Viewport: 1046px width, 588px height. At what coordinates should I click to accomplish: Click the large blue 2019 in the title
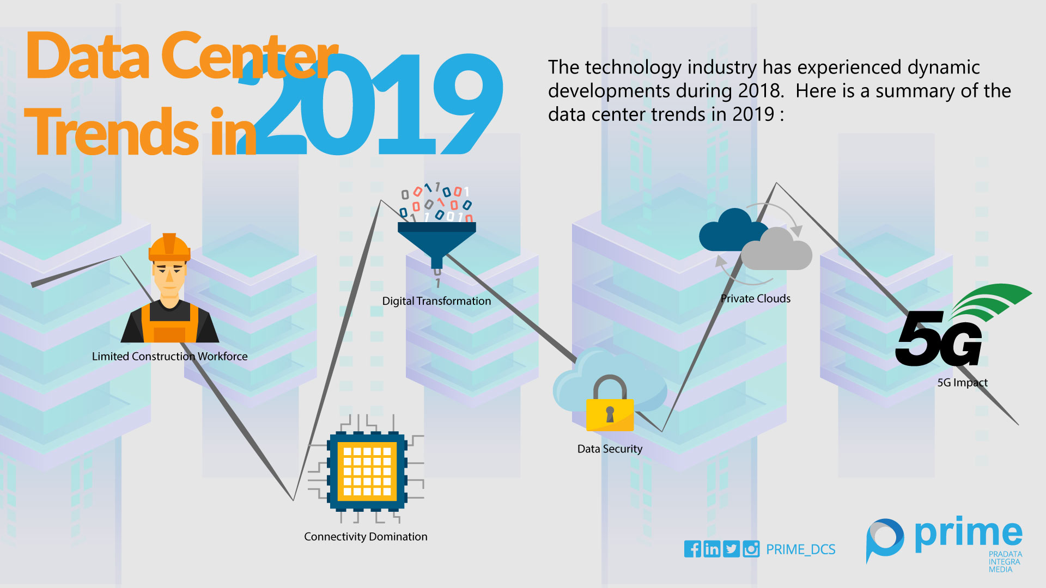pos(370,103)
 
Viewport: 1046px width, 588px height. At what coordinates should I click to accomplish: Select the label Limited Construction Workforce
pos(169,356)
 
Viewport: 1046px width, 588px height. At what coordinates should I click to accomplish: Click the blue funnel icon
pos(437,244)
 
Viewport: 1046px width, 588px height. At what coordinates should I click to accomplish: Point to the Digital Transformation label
pos(436,301)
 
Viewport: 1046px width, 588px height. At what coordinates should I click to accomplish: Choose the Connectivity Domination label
pos(366,537)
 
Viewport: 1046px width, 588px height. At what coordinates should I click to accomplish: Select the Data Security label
pos(610,449)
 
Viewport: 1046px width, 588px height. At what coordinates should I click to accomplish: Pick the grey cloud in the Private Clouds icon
pos(777,250)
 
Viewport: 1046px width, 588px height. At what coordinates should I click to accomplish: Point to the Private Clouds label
pos(756,298)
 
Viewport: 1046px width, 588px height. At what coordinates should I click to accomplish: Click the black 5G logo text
pos(939,339)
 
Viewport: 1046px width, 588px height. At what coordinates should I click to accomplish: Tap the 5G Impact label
pos(962,383)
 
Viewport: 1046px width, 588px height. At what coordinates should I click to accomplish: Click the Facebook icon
pos(692,549)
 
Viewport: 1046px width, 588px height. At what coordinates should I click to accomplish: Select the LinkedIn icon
pos(712,549)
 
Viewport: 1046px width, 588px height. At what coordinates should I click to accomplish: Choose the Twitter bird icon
pos(732,549)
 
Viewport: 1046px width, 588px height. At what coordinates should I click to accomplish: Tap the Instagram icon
pos(751,549)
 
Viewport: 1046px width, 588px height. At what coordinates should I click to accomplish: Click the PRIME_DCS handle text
pos(801,549)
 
